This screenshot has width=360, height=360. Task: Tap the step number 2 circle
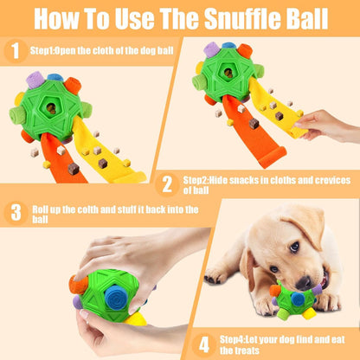(168, 183)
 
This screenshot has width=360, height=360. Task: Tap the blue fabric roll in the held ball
(117, 295)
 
